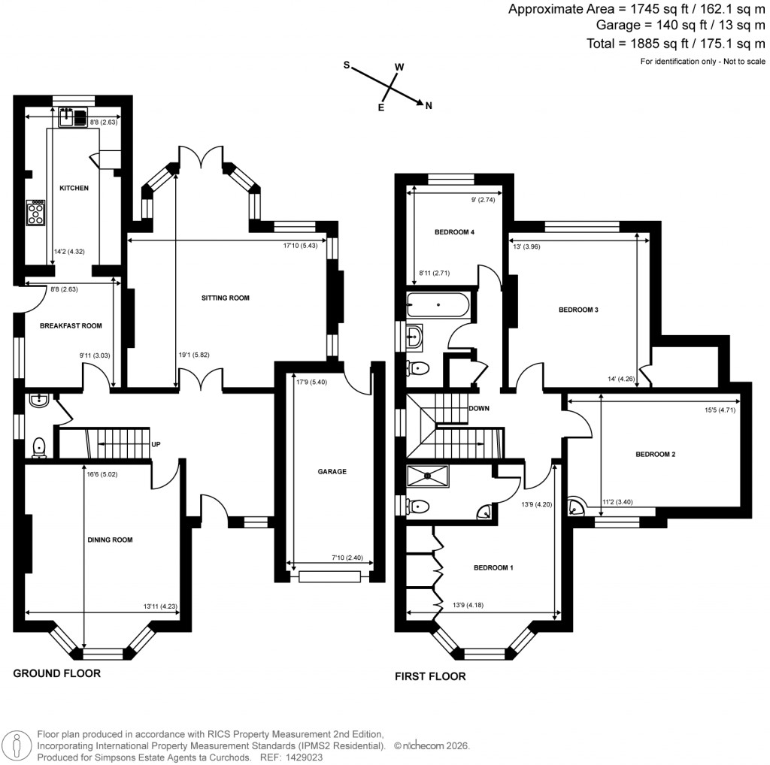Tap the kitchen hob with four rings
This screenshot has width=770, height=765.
pyautogui.click(x=36, y=212)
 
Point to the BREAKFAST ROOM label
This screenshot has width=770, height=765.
pyautogui.click(x=71, y=325)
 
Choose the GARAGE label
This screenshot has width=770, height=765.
pyautogui.click(x=332, y=472)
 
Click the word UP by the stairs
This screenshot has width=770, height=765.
pyautogui.click(x=156, y=444)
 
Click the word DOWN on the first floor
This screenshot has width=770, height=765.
pyautogui.click(x=479, y=409)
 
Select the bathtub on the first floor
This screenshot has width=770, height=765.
pyautogui.click(x=438, y=307)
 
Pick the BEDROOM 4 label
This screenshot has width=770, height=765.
pyautogui.click(x=454, y=232)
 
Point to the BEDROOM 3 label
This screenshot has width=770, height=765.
pyautogui.click(x=577, y=310)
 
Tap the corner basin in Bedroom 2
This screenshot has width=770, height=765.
pyautogui.click(x=577, y=506)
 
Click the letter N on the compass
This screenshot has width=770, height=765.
pyautogui.click(x=429, y=106)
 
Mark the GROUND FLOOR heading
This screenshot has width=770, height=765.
pyautogui.click(x=56, y=673)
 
